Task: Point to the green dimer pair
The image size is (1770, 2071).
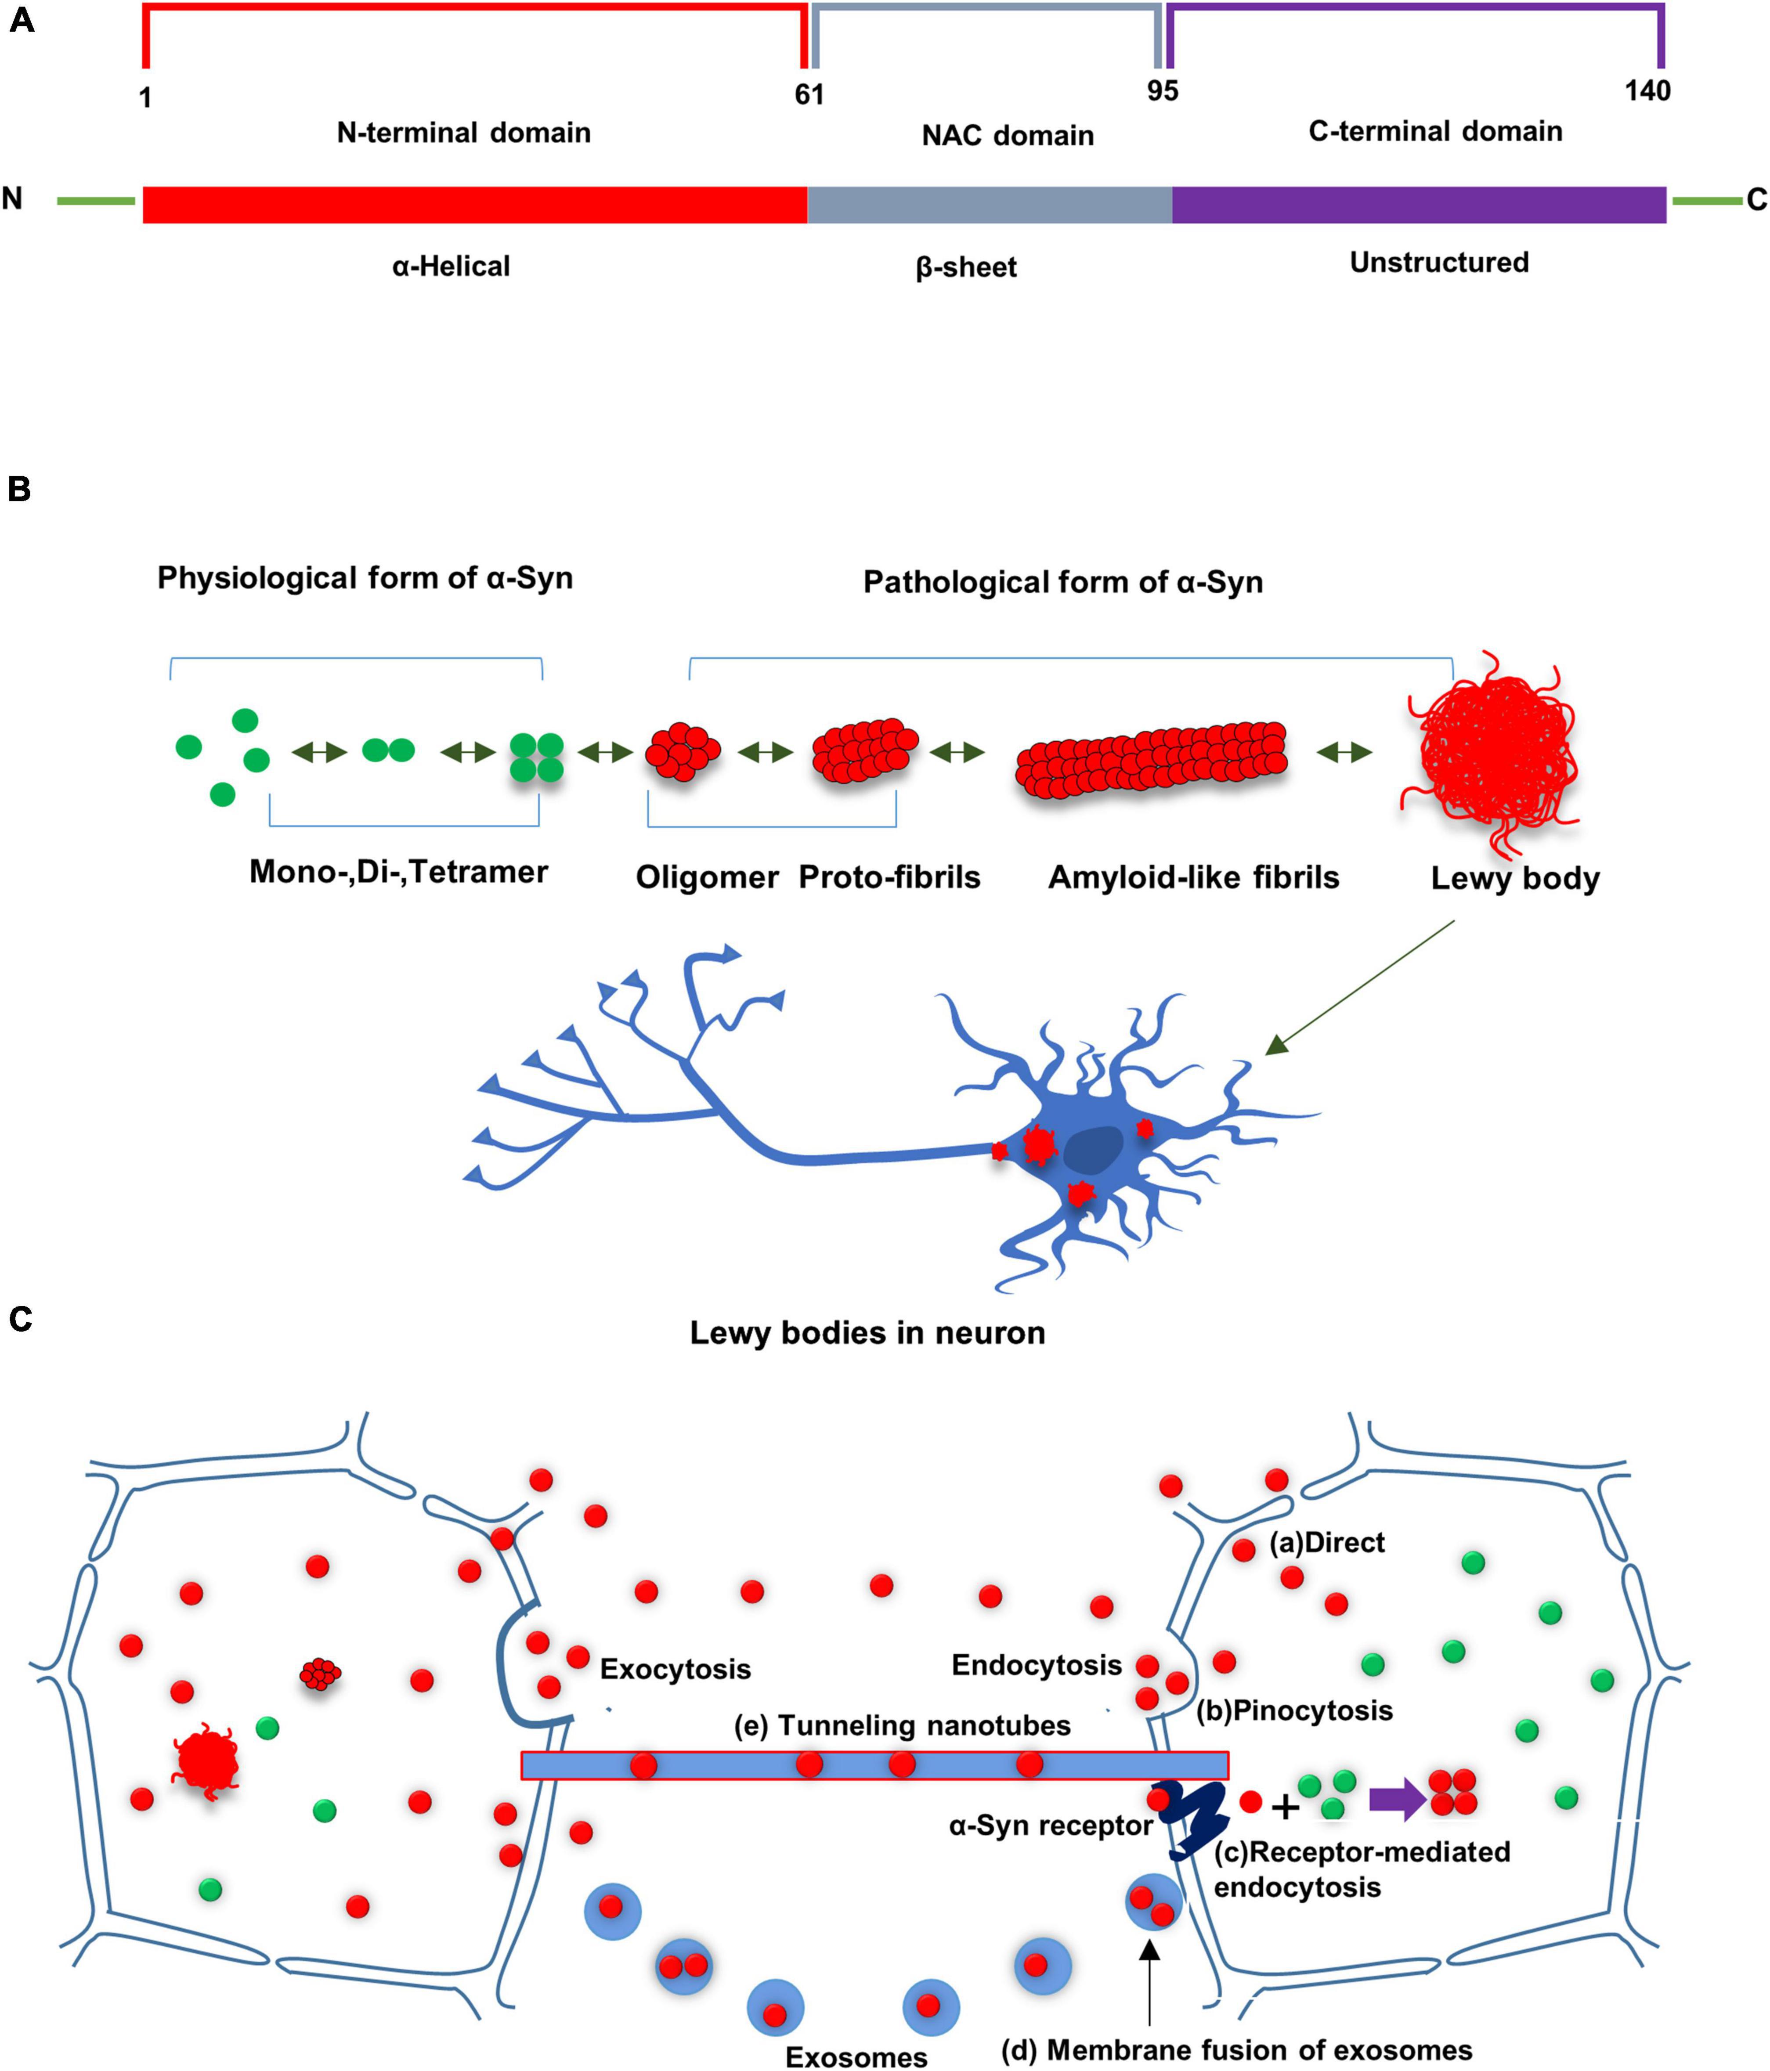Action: [388, 750]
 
